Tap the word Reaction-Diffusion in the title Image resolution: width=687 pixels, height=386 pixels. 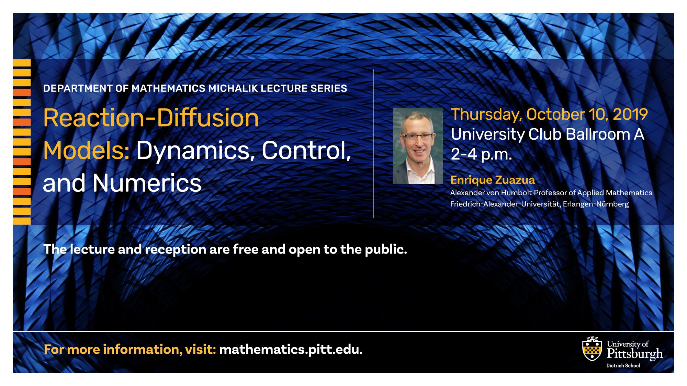[151, 118]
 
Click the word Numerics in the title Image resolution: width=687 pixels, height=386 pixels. [147, 183]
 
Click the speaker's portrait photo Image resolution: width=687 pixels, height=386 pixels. [418, 146]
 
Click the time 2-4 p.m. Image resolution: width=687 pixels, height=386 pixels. [481, 154]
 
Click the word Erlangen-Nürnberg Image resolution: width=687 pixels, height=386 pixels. [596, 204]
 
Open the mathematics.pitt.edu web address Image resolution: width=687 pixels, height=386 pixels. [291, 350]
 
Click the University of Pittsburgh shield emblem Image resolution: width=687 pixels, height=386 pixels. [592, 349]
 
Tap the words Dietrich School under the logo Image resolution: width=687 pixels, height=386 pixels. [623, 366]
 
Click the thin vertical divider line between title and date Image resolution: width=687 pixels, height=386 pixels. [374, 143]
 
